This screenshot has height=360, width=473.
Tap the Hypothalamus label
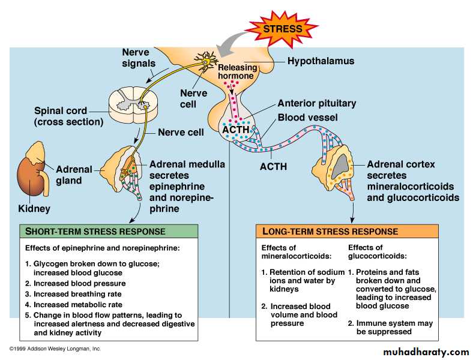point(321,61)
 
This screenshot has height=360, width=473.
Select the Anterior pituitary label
point(316,103)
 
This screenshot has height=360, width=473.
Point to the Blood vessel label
point(307,118)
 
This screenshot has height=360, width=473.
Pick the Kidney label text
point(34,209)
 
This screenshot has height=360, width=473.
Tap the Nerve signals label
point(139,58)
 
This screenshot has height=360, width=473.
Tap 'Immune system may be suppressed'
point(390,327)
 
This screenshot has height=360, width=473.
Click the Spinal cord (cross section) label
point(68,116)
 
